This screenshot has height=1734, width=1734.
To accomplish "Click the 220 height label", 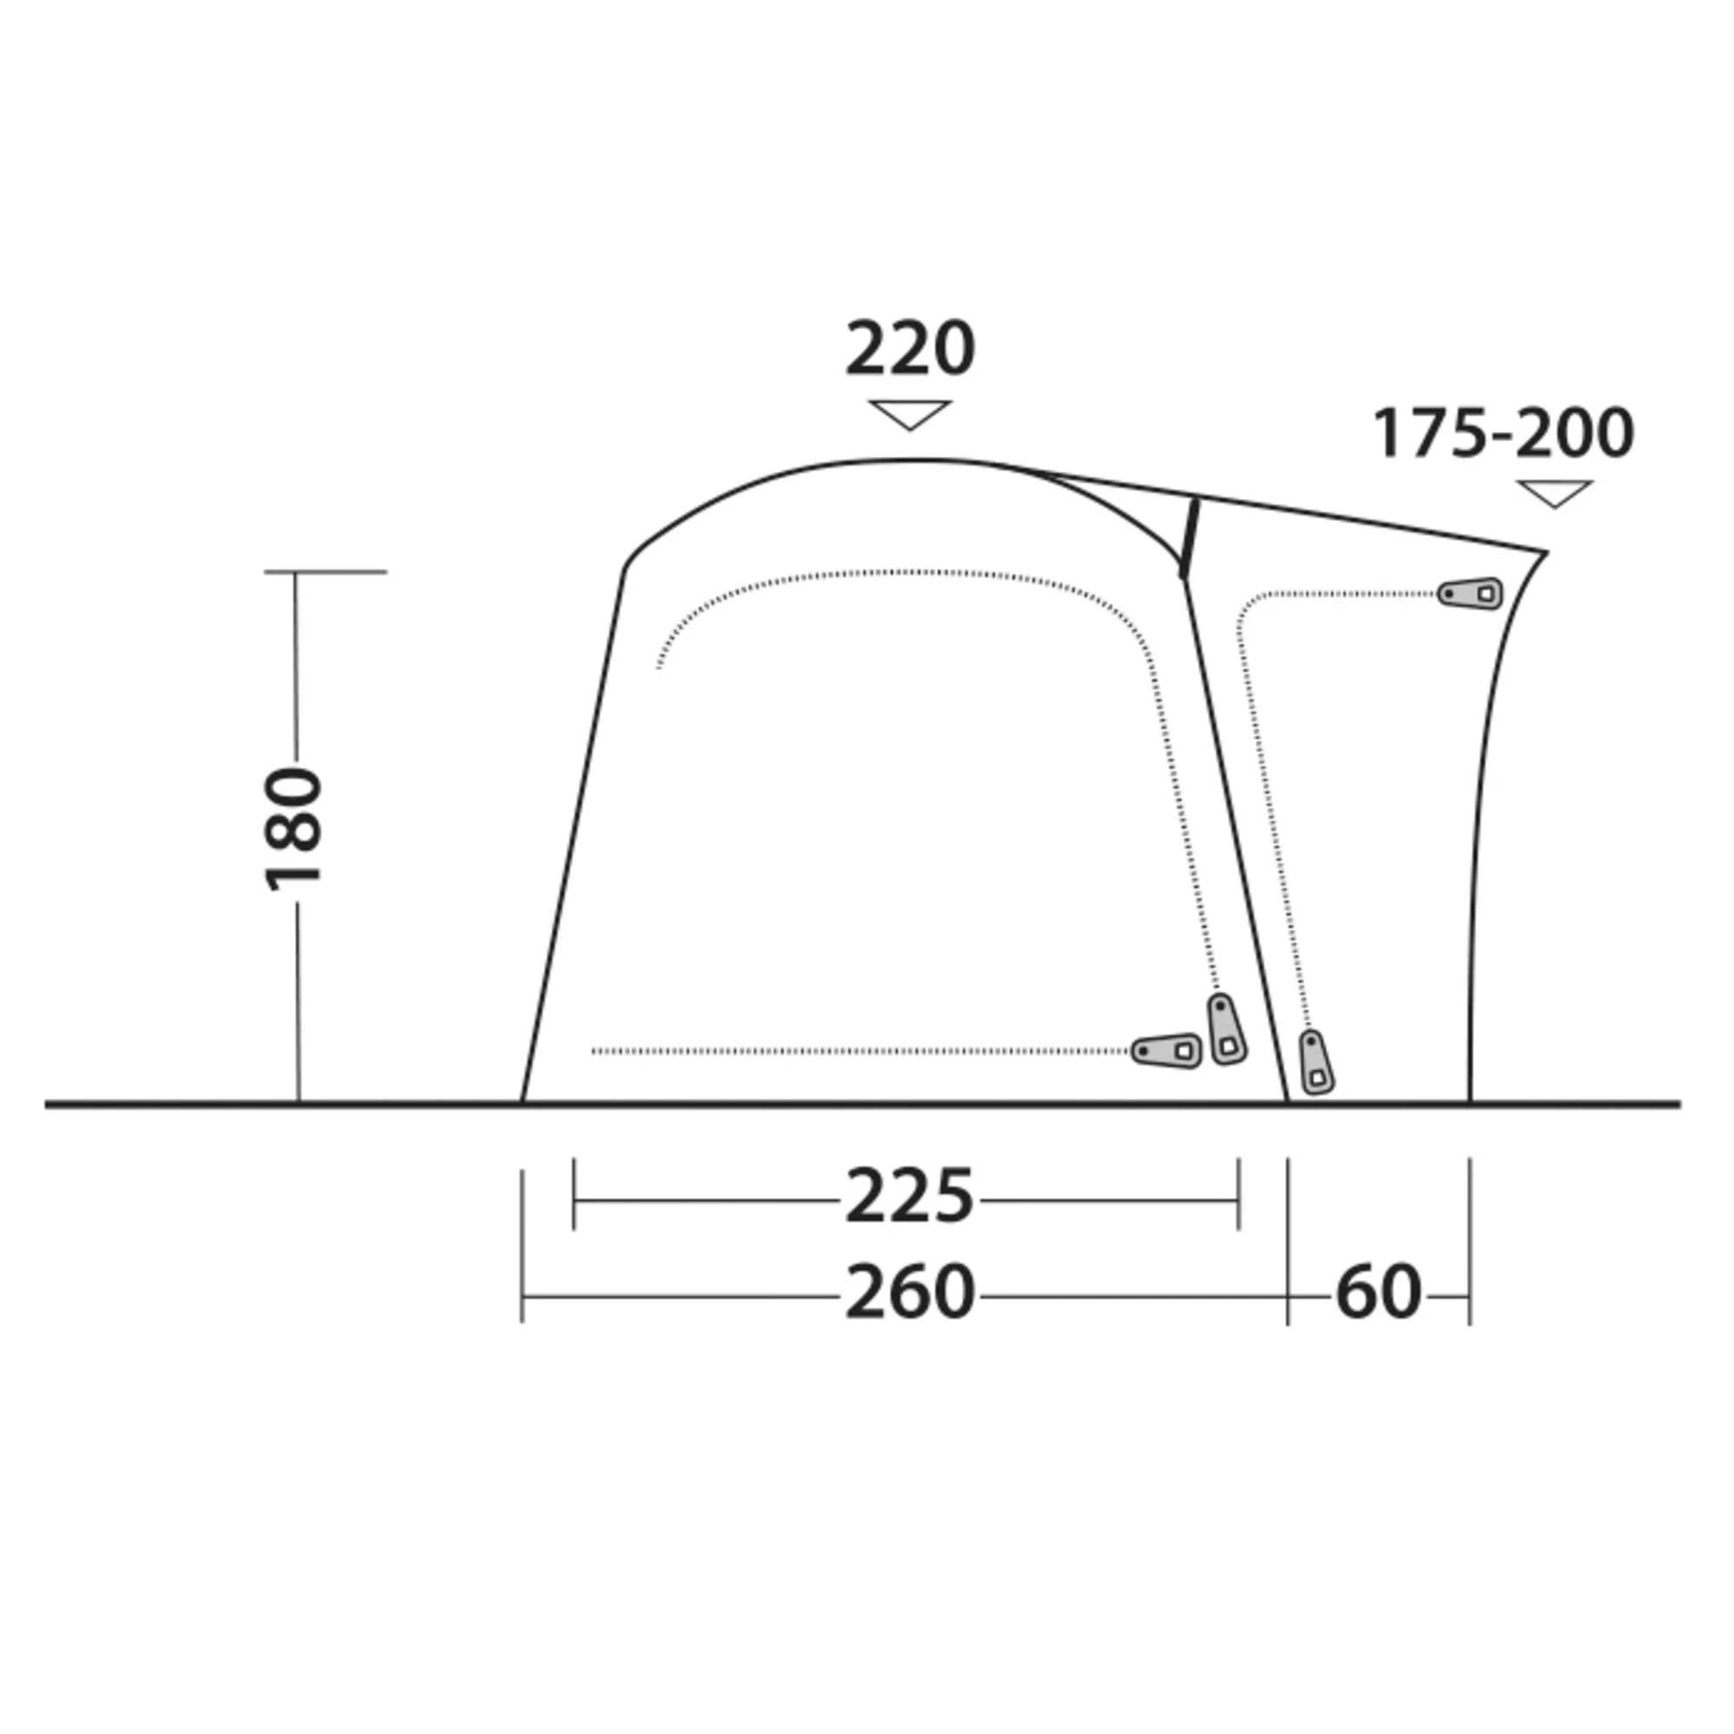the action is pyautogui.click(x=909, y=349).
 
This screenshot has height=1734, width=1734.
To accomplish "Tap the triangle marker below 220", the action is pyautogui.click(x=909, y=414).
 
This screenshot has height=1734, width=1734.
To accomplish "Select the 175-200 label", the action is pyautogui.click(x=1503, y=433).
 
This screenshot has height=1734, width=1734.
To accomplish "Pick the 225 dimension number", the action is pyautogui.click(x=909, y=1196).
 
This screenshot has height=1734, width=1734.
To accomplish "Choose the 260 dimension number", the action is pyautogui.click(x=909, y=1293).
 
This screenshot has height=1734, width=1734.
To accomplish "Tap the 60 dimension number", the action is pyautogui.click(x=1379, y=1293).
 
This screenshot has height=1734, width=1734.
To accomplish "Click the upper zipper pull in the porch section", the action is pyautogui.click(x=1470, y=593).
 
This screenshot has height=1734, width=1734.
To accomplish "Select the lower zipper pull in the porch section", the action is pyautogui.click(x=1316, y=1062).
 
